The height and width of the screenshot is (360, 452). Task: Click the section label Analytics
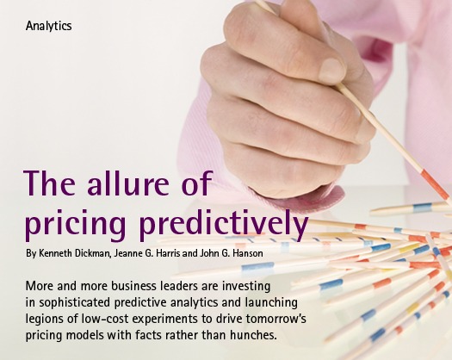(48, 26)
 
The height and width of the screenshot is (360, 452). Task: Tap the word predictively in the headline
(224, 223)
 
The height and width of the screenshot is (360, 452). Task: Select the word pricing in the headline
(76, 224)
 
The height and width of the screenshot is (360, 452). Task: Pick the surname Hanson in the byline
(248, 253)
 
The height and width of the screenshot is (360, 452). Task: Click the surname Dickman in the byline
(93, 253)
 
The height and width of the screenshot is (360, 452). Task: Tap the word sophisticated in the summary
(75, 302)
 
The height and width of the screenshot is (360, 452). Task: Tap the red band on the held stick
(435, 184)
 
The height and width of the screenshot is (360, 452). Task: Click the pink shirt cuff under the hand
(312, 199)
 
